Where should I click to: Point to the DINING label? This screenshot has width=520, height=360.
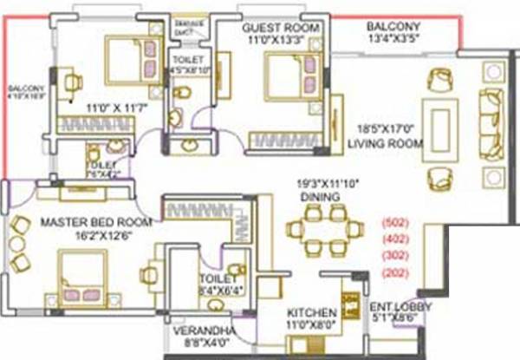click(315, 197)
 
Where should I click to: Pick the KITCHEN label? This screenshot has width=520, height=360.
click(312, 312)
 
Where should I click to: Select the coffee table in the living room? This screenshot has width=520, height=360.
click(440, 128)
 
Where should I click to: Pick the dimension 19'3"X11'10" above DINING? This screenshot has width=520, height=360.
click(315, 183)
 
